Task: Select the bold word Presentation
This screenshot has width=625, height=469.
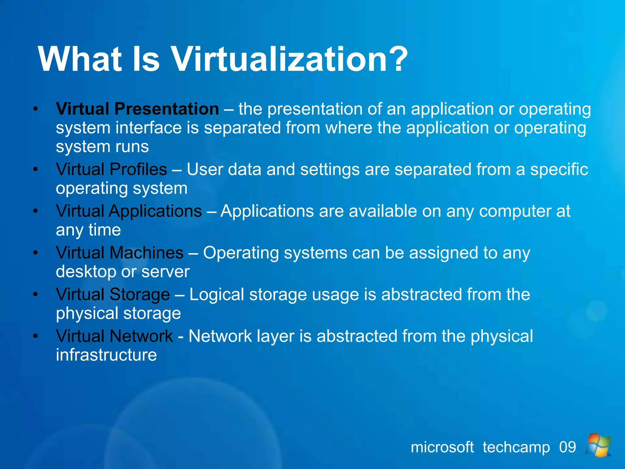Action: pos(167,109)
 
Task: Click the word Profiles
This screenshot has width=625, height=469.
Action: pos(138,169)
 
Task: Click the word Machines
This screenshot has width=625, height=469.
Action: pos(146,253)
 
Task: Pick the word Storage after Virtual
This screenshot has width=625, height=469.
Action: pos(139,295)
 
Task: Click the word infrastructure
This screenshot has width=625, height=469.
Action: pos(106,355)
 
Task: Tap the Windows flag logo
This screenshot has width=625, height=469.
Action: pos(598,445)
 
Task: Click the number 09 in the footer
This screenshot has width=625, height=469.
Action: pos(567,447)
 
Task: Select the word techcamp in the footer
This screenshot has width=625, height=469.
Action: pos(516,447)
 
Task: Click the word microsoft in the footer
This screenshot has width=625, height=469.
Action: pos(442,447)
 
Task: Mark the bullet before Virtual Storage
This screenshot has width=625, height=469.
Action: pos(36,295)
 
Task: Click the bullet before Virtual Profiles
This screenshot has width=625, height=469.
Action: pos(36,169)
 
